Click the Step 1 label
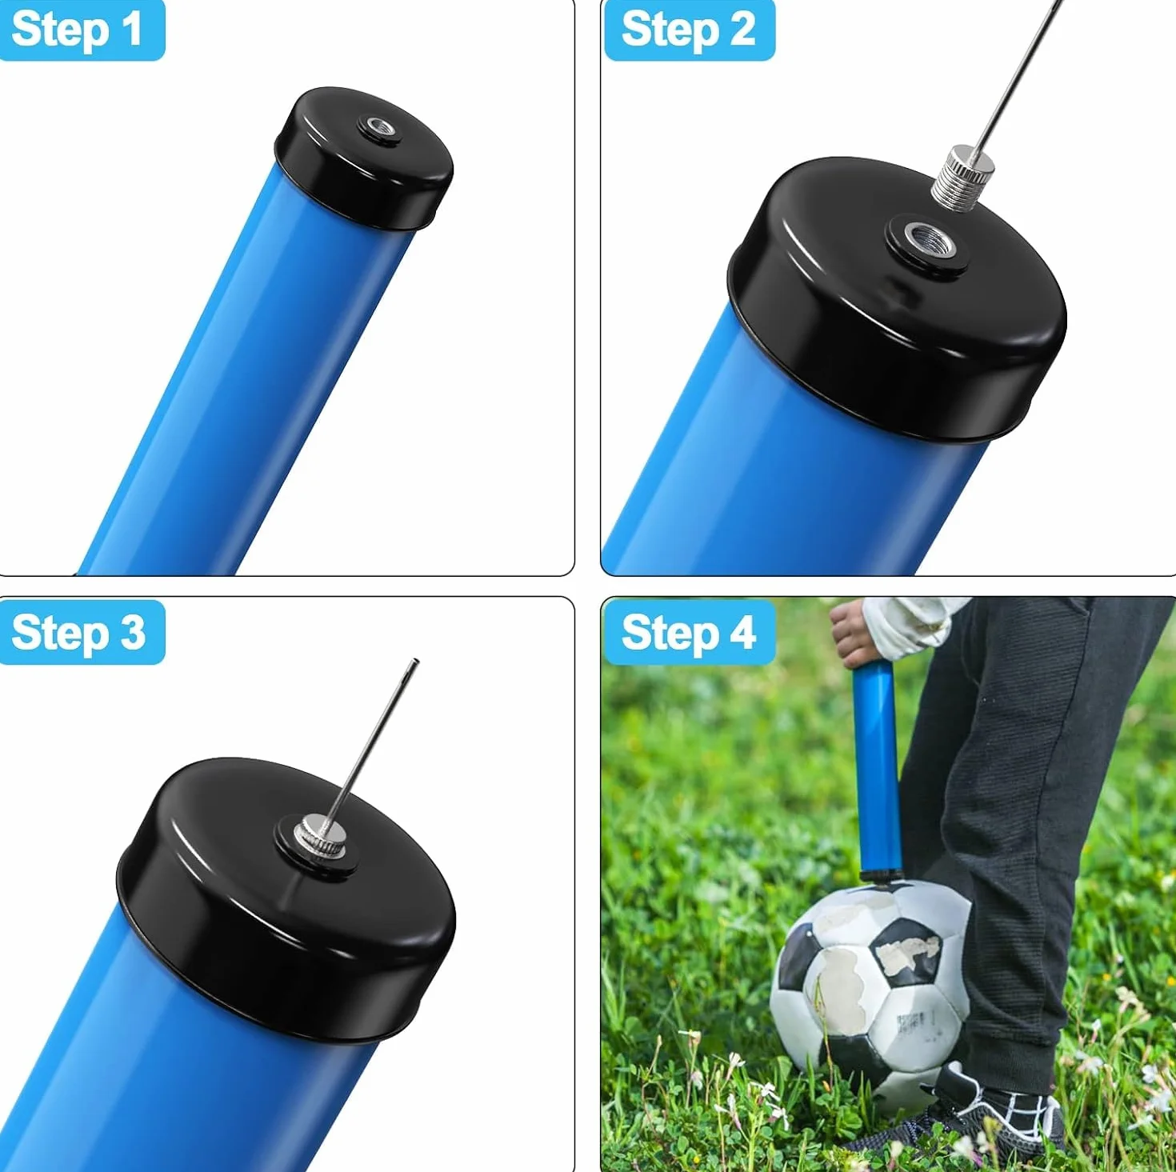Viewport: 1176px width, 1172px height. tap(78, 30)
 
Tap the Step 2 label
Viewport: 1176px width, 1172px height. tap(689, 30)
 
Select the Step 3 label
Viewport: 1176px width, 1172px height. tap(78, 632)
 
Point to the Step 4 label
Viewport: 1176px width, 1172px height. tap(689, 632)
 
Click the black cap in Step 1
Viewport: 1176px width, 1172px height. tap(364, 158)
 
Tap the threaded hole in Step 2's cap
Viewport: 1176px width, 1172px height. tap(926, 242)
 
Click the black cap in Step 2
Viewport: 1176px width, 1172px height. tap(897, 299)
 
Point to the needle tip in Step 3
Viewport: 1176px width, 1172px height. tap(415, 661)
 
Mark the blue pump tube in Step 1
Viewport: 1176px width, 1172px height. tap(244, 378)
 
